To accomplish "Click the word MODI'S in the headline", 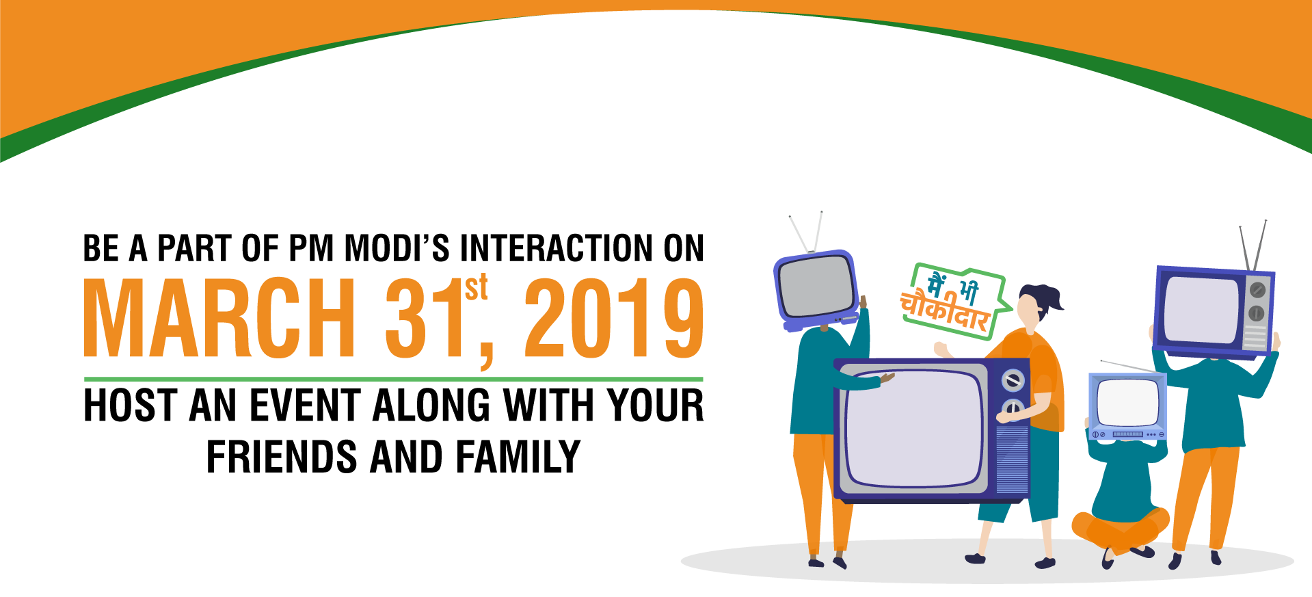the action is [397, 248].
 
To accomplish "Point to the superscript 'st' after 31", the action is [477, 287].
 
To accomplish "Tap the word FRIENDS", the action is [282, 457].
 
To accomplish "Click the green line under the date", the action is [393, 379].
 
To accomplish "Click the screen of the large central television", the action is [914, 429].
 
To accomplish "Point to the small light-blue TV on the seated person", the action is [1127, 406].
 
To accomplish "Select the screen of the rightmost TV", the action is [1202, 310].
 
